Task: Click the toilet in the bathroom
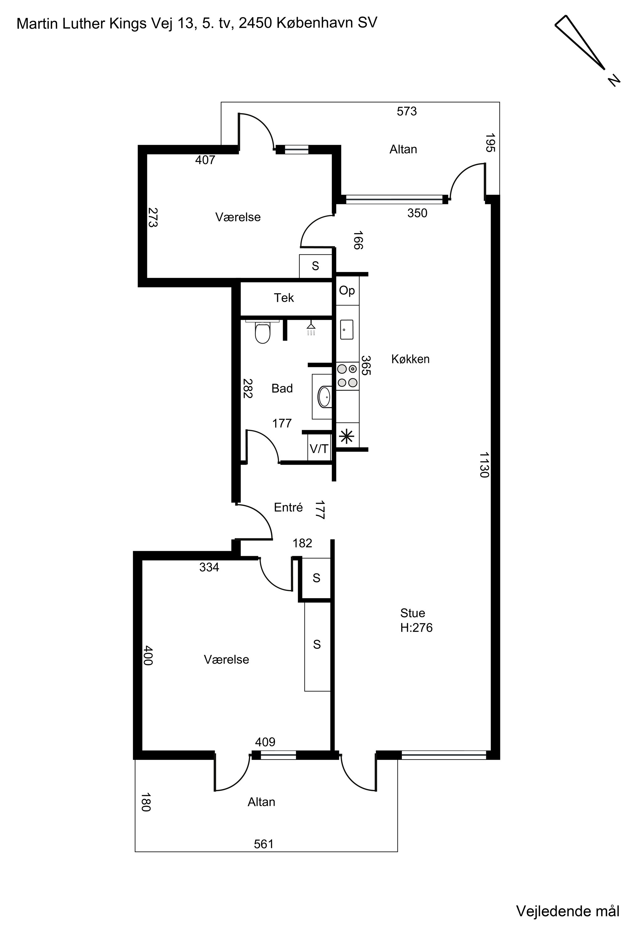[x=262, y=332]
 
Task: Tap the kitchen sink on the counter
[x=347, y=329]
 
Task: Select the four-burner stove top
[x=347, y=376]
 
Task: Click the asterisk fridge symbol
[x=347, y=436]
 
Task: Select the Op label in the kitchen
[x=347, y=290]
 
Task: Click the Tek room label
[x=284, y=298]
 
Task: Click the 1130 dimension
[x=484, y=465]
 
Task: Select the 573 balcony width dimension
[x=407, y=111]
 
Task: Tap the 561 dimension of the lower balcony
[x=264, y=844]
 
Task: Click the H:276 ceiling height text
[x=416, y=628]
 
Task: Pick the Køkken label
[x=410, y=359]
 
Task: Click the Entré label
[x=288, y=507]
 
